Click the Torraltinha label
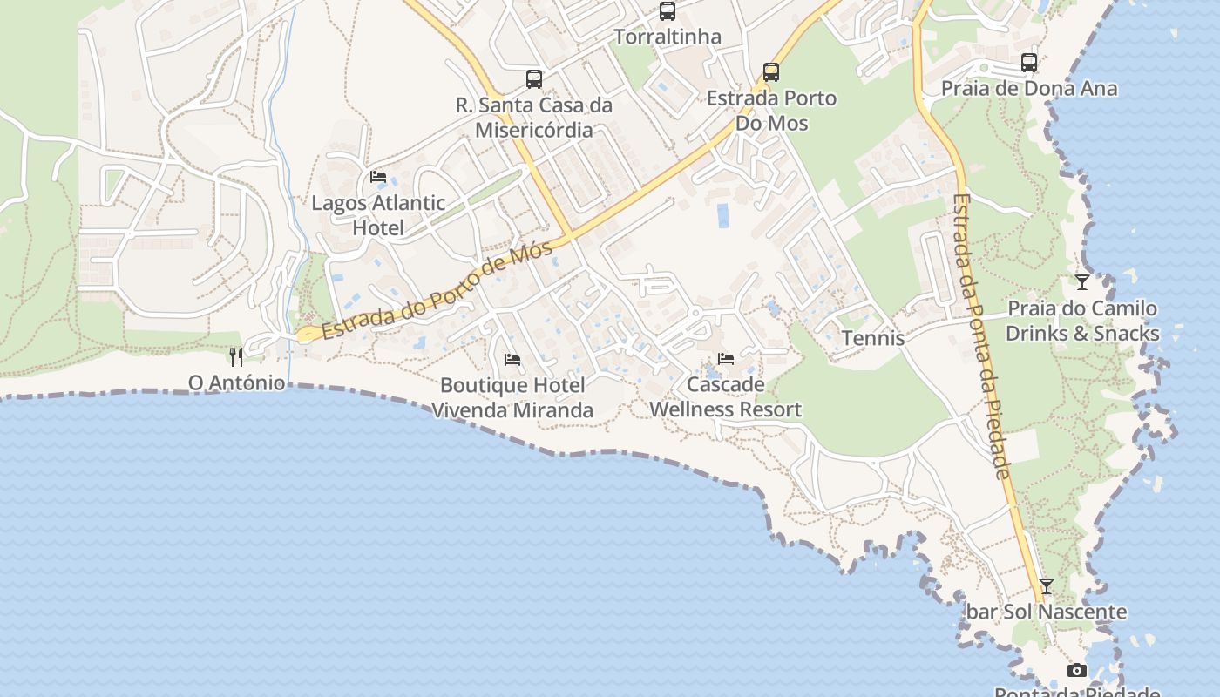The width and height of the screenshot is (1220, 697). point(668,37)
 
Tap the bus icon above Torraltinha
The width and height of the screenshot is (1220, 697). point(668,11)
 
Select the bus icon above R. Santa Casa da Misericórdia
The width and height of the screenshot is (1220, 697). point(534,79)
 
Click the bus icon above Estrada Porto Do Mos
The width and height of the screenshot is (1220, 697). point(771,71)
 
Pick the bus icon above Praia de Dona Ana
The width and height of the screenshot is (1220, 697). point(1029,63)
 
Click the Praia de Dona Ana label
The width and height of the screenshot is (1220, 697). point(1029,88)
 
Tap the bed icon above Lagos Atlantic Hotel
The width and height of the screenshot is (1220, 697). point(378,177)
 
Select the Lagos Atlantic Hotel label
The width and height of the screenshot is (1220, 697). point(378,215)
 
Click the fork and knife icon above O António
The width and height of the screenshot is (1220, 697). point(236,356)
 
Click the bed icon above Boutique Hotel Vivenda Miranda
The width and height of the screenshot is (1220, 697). point(512,359)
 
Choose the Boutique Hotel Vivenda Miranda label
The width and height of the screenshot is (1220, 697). point(512,397)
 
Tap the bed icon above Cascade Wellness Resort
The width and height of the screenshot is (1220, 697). point(726,358)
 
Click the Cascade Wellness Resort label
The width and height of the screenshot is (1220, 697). point(726,396)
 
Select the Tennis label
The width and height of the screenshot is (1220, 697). point(873,338)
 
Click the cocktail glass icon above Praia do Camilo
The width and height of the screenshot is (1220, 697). point(1082,282)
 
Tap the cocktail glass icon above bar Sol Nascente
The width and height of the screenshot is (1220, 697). point(1047,586)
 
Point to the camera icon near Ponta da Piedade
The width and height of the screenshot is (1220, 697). point(1077,670)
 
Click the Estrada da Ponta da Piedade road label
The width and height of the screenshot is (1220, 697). point(981,335)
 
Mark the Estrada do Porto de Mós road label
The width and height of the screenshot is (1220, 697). point(437,292)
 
